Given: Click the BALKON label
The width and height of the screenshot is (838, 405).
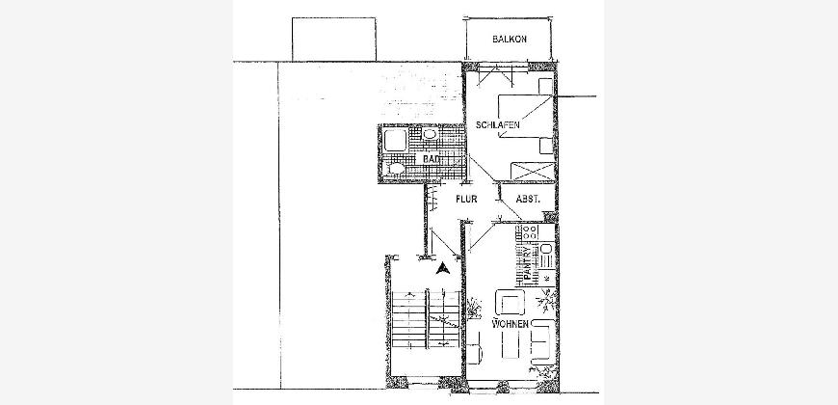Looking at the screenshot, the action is tap(510, 40).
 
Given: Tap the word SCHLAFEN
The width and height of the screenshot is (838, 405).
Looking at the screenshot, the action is tap(498, 125).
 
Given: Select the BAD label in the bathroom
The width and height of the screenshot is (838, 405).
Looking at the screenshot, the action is tap(431, 159).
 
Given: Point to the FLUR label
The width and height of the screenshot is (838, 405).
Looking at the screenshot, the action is tap(466, 199).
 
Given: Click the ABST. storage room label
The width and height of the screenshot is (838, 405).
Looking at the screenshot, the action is tap(528, 199).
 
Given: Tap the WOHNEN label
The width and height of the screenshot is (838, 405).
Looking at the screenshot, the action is tap(511, 324).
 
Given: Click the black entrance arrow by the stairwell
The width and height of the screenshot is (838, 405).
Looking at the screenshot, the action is tap(442, 268).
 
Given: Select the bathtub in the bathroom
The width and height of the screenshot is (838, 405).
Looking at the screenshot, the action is tap(396, 140).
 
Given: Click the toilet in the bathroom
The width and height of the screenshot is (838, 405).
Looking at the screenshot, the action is tap(395, 168).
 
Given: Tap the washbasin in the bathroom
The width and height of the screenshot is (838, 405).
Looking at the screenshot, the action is tap(431, 134).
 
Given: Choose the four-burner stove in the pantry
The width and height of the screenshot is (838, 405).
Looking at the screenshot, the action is tap(530, 232).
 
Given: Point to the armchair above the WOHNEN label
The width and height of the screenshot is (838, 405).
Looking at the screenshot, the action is tap(510, 302).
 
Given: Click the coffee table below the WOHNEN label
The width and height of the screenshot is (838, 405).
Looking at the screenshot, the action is tap(511, 344).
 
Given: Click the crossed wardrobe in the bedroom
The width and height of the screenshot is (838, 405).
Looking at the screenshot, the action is tap(532, 172).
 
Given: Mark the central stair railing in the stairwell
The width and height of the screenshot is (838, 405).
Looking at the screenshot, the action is tap(428, 319).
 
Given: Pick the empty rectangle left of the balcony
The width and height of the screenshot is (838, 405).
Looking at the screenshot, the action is tap(334, 40).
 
